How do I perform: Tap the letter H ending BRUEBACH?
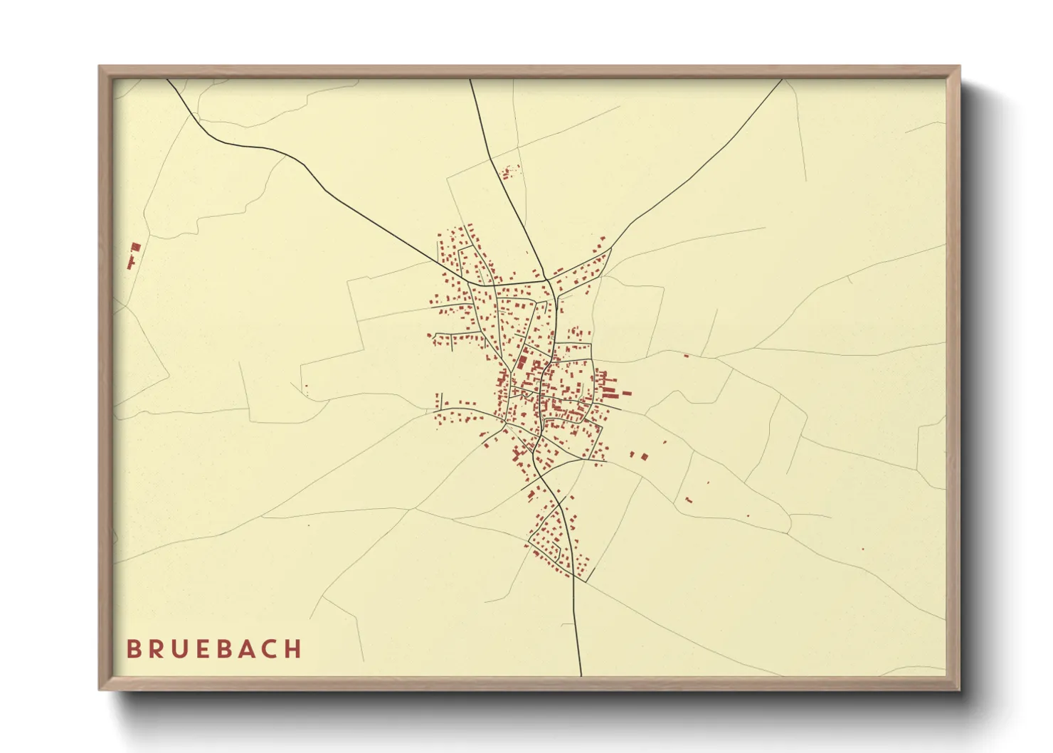click(x=293, y=649)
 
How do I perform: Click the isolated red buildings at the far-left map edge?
click(x=133, y=255)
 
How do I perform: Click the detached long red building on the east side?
click(x=627, y=392)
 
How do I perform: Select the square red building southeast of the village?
click(x=645, y=456)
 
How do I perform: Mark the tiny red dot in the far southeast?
click(x=862, y=549)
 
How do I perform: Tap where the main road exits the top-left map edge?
click(x=168, y=80)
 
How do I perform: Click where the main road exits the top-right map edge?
click(x=782, y=80)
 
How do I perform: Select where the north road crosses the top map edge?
click(x=470, y=80)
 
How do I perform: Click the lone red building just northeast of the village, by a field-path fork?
click(x=686, y=355)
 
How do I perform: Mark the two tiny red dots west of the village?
click(x=307, y=389)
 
